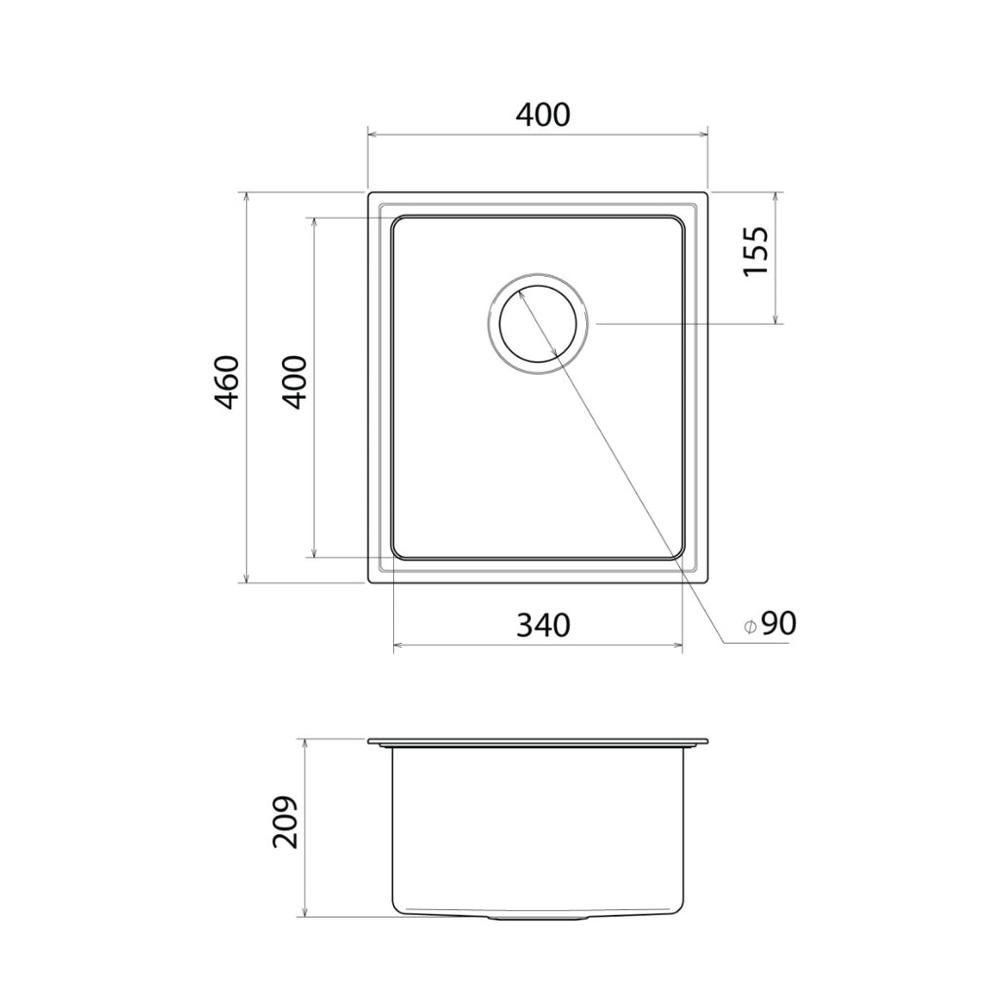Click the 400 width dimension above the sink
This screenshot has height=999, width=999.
542,114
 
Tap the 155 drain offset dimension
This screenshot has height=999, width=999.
756,251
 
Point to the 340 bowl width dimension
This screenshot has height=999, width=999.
542,624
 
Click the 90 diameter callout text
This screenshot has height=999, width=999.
779,623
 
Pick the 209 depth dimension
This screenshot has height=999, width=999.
284,821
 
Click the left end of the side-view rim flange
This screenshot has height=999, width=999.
370,744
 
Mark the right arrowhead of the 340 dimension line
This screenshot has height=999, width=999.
678,645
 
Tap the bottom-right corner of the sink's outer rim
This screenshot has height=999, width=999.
706,581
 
